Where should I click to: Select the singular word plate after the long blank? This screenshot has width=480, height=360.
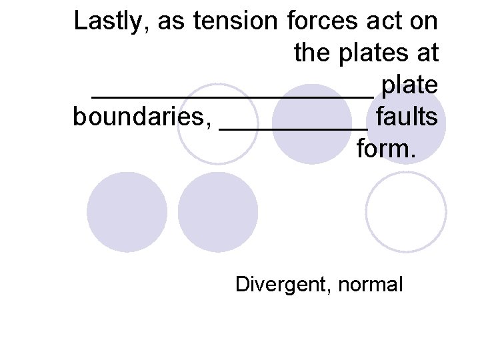pyautogui.click(x=409, y=85)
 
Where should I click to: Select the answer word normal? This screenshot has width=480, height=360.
pyautogui.click(x=371, y=285)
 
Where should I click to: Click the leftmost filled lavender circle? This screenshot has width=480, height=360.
pyautogui.click(x=127, y=211)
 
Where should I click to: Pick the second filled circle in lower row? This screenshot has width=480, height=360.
pyautogui.click(x=218, y=211)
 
